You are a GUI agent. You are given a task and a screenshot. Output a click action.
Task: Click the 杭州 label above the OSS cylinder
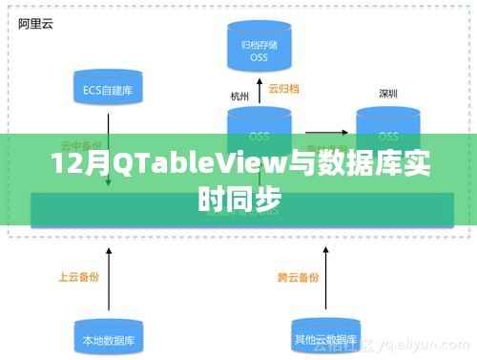coord(238,95)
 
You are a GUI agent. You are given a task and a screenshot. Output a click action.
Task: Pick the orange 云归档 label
coord(283,89)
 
